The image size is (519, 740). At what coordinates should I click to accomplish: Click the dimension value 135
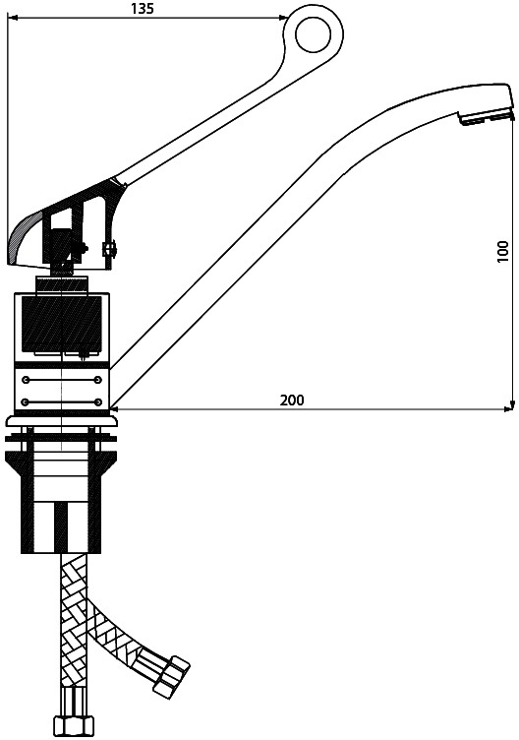143,9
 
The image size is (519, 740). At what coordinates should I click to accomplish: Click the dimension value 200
292,401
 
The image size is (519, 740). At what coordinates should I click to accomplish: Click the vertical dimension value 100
503,252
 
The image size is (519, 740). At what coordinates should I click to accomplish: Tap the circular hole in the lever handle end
315,35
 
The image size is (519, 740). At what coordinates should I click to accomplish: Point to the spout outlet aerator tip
485,118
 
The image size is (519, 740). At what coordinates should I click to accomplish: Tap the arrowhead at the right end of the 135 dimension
282,18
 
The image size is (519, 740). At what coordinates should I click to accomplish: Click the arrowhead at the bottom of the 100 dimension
513,405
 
